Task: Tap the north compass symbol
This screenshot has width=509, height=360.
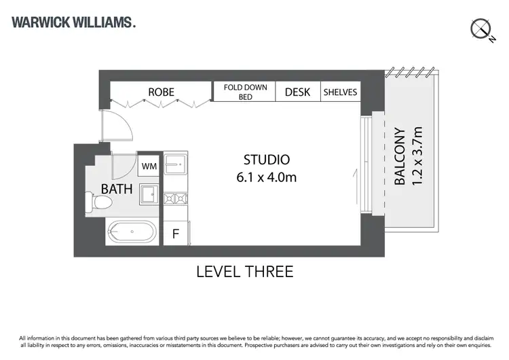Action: [x=481, y=29]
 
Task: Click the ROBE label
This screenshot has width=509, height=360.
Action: [x=162, y=92]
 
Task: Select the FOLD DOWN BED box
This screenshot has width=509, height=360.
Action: [x=245, y=92]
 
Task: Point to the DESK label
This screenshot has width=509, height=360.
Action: [x=297, y=92]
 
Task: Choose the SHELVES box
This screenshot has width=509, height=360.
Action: [x=339, y=92]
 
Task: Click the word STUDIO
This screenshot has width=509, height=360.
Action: [x=267, y=160]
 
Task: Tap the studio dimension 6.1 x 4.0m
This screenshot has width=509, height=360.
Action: [x=267, y=178]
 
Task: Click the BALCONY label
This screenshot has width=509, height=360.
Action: [x=400, y=157]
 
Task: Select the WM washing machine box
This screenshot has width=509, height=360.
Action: [x=148, y=166]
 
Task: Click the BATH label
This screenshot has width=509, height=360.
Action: [x=117, y=189]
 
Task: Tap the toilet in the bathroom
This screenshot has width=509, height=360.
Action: [x=100, y=202]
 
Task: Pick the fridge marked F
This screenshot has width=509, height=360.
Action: [x=175, y=234]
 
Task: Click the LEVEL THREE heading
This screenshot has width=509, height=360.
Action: [x=244, y=272]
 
